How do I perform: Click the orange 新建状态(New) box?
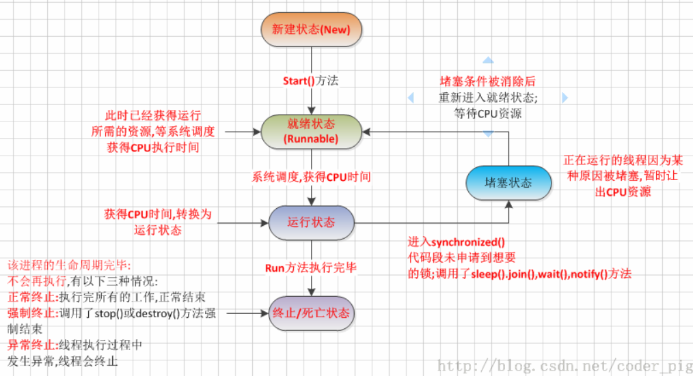tap(311, 29)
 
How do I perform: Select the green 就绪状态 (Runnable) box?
tap(311, 131)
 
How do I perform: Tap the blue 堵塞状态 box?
tap(508, 183)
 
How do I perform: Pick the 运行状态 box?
tap(311, 222)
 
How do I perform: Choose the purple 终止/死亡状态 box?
tap(311, 313)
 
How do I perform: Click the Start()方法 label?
tap(311, 81)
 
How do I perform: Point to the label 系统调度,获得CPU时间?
tap(311, 177)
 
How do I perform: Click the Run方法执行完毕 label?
tap(311, 267)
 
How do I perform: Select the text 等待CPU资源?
tap(488, 113)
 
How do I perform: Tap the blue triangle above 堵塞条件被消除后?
tap(487, 60)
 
